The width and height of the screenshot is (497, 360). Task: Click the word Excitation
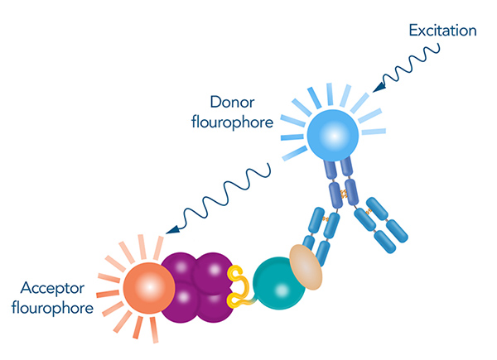(x=443, y=31)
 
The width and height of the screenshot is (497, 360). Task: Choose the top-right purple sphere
(x=213, y=269)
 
